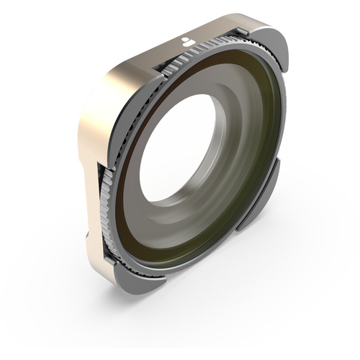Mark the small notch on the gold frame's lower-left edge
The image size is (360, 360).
tap(92, 234)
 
